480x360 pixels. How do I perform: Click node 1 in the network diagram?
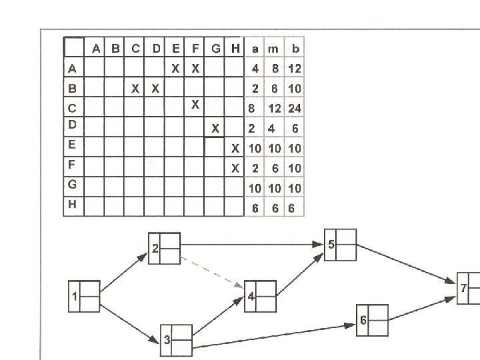point(84,296)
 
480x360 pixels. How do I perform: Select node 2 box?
point(164,249)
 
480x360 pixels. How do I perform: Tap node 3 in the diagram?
point(176,340)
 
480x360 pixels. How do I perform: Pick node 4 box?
point(261,296)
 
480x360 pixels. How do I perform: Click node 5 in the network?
point(340,245)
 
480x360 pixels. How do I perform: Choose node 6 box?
point(372,321)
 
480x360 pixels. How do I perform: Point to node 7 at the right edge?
point(469,288)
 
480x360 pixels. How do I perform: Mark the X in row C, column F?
point(195,104)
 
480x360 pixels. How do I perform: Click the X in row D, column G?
point(215,128)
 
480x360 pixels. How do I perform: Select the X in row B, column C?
point(135,88)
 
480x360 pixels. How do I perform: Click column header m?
point(273,49)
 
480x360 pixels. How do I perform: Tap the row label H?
point(72,205)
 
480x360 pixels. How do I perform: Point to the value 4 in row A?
point(255,69)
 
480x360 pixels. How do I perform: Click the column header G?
point(215,49)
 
